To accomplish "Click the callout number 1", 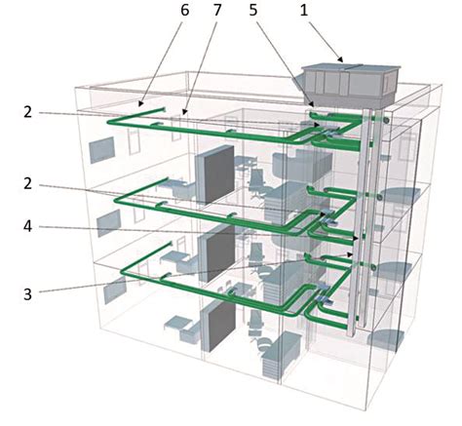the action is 303,11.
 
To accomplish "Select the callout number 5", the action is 253,11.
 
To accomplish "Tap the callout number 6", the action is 184,11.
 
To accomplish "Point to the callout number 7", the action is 217,11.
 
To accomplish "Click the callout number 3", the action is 28,294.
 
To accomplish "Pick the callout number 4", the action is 28,226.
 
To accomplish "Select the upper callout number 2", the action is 28,112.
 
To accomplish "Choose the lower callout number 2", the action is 28,183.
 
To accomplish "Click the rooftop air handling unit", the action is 350,85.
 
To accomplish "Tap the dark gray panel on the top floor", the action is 214,174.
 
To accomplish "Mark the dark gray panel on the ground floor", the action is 218,326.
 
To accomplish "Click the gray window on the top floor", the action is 102,150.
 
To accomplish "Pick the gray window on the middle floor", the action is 109,222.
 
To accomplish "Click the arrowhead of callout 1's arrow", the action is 340,59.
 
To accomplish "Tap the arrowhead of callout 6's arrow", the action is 140,104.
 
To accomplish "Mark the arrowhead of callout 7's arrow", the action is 184,112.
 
